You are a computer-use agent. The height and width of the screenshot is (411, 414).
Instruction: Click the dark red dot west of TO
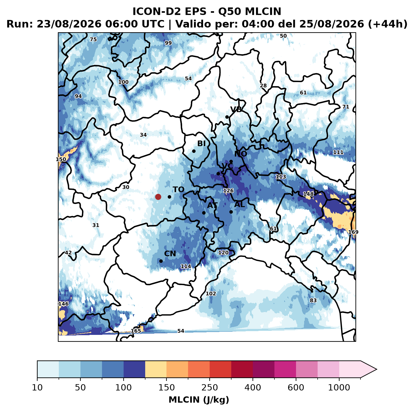tap(158, 197)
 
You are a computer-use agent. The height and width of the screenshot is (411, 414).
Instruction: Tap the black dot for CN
tap(161, 261)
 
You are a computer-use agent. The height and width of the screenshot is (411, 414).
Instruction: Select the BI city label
tap(201, 143)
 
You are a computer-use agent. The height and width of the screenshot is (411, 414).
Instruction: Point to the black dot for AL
tap(231, 212)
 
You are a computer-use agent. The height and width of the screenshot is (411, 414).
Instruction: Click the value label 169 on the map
tap(353, 232)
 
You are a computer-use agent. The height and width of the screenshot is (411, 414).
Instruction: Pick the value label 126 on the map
tap(228, 190)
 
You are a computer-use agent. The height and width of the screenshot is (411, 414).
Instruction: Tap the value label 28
tap(263, 86)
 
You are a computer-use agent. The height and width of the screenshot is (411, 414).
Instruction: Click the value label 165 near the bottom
tap(136, 330)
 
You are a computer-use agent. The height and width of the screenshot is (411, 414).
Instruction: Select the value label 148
tap(308, 194)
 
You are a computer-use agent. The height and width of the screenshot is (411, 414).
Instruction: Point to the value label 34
tap(143, 135)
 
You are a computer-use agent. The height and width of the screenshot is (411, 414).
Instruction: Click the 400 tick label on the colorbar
tap(253, 388)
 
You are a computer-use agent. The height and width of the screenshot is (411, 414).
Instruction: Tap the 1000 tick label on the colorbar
tap(339, 388)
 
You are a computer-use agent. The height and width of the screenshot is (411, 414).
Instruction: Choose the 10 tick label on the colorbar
tap(37, 388)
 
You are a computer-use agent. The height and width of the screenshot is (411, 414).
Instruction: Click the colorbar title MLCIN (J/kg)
tap(199, 400)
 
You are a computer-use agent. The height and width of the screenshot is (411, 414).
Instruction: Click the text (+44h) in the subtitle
tap(388, 24)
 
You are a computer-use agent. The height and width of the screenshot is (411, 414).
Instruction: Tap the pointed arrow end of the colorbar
tap(376, 369)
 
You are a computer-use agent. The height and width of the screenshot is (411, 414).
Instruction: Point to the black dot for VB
tap(227, 117)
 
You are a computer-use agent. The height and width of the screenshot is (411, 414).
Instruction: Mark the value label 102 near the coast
tap(211, 294)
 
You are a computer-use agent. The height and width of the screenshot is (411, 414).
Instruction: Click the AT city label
tap(212, 205)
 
